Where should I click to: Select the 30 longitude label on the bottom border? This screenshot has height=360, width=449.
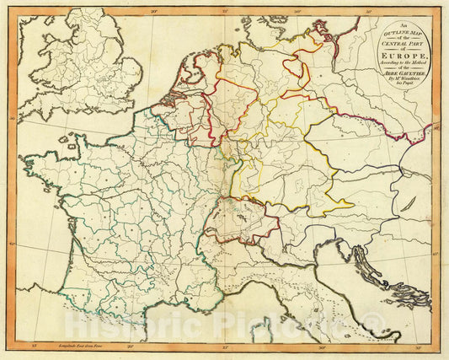tap(321, 347)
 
